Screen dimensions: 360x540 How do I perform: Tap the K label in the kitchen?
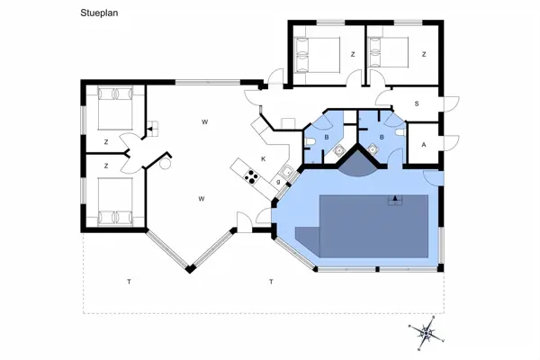[264, 158]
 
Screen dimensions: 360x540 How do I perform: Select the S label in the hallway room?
[416, 103]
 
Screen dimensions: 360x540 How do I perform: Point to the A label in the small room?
[424, 144]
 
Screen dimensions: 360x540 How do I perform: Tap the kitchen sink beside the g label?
[286, 172]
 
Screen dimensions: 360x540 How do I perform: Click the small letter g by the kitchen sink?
[278, 182]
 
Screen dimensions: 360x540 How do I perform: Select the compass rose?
[427, 333]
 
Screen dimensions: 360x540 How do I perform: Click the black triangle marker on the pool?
[394, 196]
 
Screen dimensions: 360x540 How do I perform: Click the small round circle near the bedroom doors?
[165, 165]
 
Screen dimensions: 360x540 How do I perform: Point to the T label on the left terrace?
[129, 283]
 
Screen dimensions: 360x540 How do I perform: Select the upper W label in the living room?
[205, 121]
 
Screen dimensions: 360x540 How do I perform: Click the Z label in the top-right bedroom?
[424, 54]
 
